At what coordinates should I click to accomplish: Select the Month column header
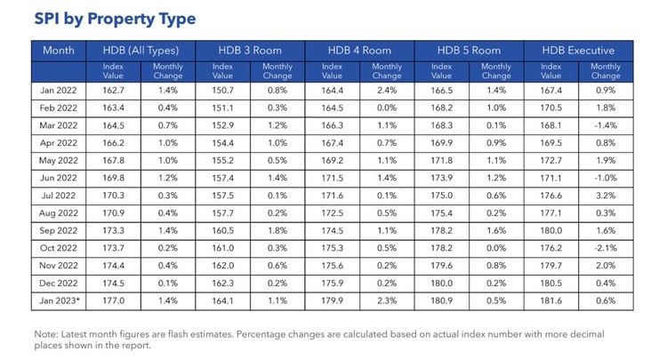point(58,51)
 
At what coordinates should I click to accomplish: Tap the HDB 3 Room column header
point(250,51)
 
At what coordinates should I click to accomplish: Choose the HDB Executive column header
point(580,51)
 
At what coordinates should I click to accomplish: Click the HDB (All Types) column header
point(140,51)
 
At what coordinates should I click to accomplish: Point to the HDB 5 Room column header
point(469,51)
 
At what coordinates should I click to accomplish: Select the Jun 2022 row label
point(60,177)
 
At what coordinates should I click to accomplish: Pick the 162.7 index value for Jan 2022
point(113,91)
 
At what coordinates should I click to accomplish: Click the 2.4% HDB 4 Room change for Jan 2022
point(386,91)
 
